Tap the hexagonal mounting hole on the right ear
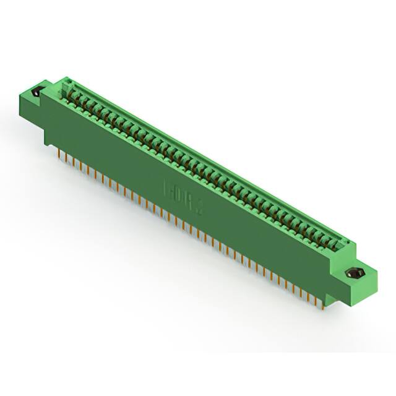(355, 272)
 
